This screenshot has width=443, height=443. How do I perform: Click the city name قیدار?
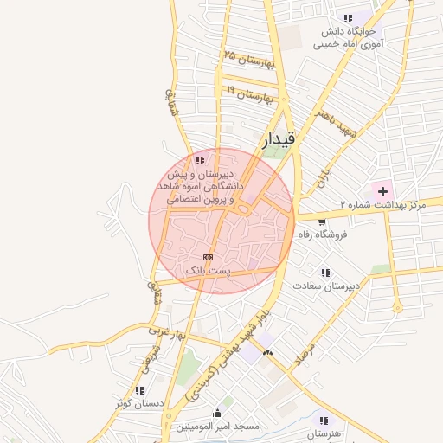(279, 137)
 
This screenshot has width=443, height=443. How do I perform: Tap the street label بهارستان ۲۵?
(248, 60)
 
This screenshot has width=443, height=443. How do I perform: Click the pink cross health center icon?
(382, 189)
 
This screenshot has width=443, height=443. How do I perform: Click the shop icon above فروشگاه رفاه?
(322, 221)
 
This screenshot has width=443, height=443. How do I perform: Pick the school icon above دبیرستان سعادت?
(325, 272)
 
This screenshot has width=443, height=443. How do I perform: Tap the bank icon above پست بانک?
(208, 257)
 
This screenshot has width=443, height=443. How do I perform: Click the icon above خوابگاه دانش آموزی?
(348, 18)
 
